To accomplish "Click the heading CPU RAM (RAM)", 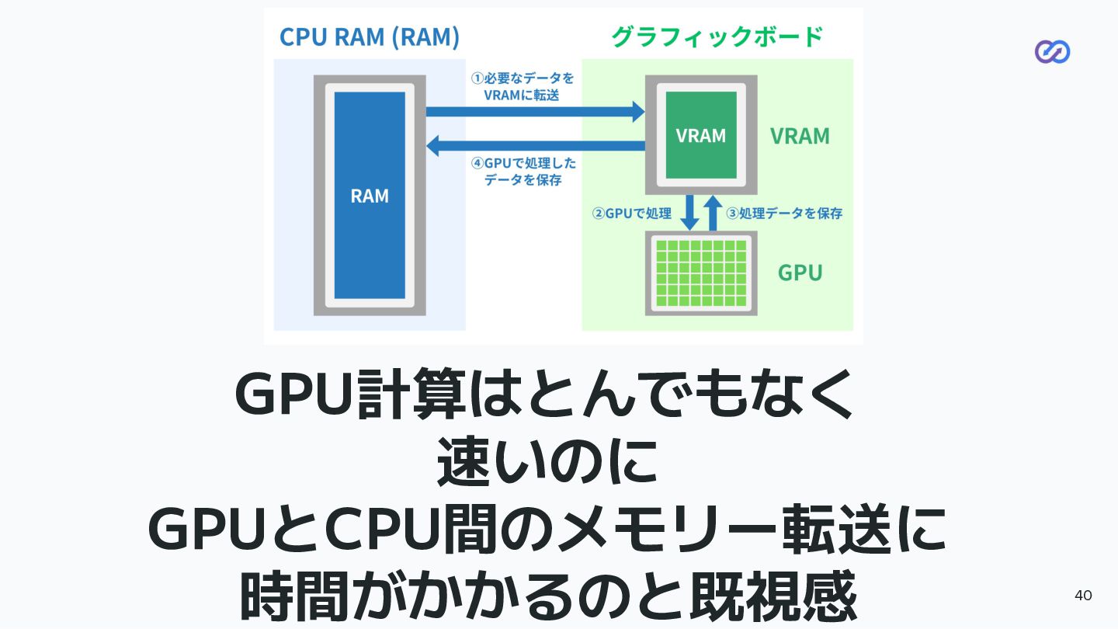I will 369,36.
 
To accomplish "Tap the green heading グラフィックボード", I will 717,36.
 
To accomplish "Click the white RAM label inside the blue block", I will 370,196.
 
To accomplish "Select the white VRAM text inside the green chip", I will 700,136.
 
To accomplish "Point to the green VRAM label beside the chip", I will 800,137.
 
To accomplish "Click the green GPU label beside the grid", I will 800,273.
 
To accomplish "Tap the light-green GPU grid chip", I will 701,273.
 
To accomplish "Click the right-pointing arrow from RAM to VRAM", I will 536,112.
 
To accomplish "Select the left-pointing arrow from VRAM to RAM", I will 536,145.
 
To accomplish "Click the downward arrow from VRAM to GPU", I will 689,213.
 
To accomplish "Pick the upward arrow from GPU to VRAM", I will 713,213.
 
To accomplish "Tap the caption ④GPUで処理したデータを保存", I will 523,171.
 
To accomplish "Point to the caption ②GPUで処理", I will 631,214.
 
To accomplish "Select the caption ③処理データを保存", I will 784,214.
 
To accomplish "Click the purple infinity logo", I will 1052,52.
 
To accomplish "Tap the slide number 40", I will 1083,596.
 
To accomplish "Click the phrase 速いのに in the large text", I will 547,464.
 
